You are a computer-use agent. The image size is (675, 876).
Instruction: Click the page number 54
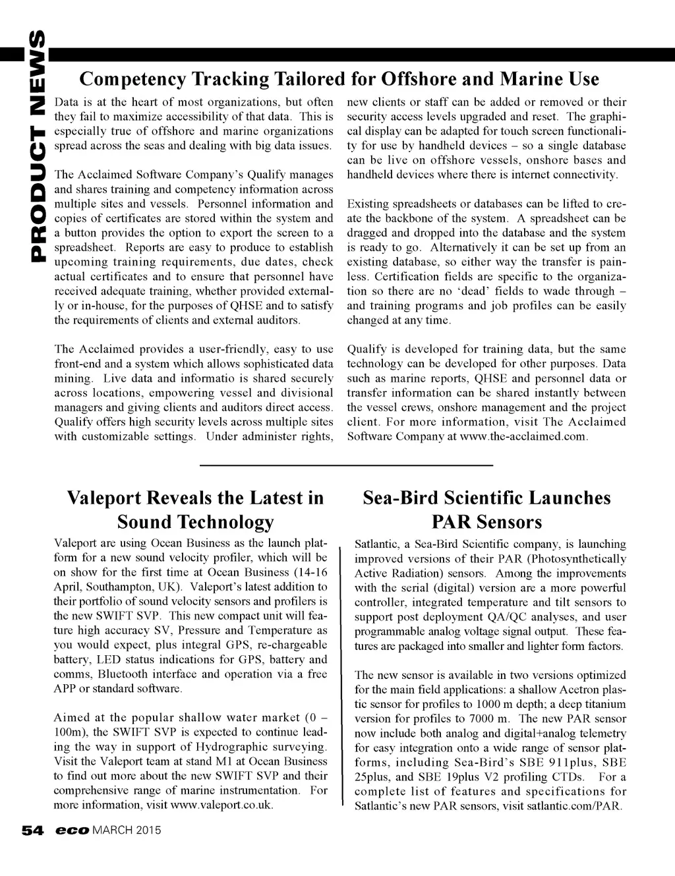[32, 830]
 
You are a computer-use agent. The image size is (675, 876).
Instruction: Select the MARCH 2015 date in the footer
[127, 830]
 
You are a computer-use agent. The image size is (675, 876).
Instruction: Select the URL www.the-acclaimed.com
[523, 436]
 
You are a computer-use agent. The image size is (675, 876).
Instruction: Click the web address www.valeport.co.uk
[221, 805]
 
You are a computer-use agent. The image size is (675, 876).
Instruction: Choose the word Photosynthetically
[579, 559]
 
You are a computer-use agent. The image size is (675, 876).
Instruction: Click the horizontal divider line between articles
[346, 466]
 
